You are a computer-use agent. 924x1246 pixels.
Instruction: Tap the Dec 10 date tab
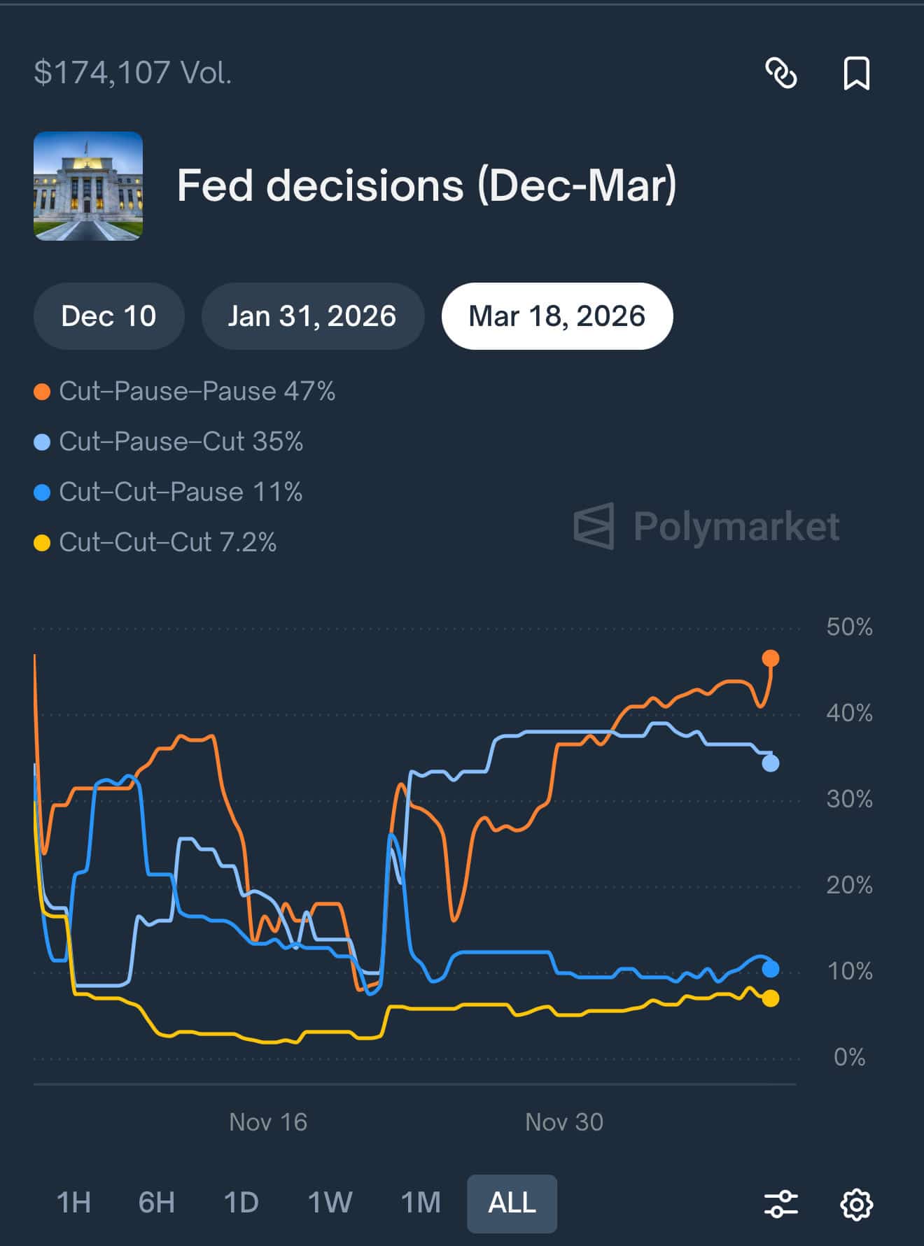[x=108, y=316]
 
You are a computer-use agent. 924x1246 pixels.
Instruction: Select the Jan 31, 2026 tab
[x=312, y=316]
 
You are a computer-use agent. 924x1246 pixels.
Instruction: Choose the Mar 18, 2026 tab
[x=556, y=316]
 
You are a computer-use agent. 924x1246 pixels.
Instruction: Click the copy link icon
[x=780, y=73]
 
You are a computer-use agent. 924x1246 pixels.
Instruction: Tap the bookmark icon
[x=856, y=73]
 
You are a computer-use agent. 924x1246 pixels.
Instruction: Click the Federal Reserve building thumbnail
[x=88, y=186]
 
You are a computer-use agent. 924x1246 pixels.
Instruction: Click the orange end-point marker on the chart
[x=770, y=658]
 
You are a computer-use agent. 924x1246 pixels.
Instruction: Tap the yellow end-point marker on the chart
[x=770, y=998]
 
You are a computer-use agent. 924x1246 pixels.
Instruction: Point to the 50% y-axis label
[x=849, y=627]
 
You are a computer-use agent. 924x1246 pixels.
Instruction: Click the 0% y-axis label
[x=849, y=1057]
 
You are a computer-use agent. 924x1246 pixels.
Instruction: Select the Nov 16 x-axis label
[x=268, y=1122]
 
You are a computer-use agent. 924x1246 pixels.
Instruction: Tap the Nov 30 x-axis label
[x=564, y=1122]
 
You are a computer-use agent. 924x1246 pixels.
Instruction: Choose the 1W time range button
[x=330, y=1203]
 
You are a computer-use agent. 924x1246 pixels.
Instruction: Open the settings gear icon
[x=856, y=1204]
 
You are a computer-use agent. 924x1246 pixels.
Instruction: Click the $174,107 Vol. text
[x=133, y=73]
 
